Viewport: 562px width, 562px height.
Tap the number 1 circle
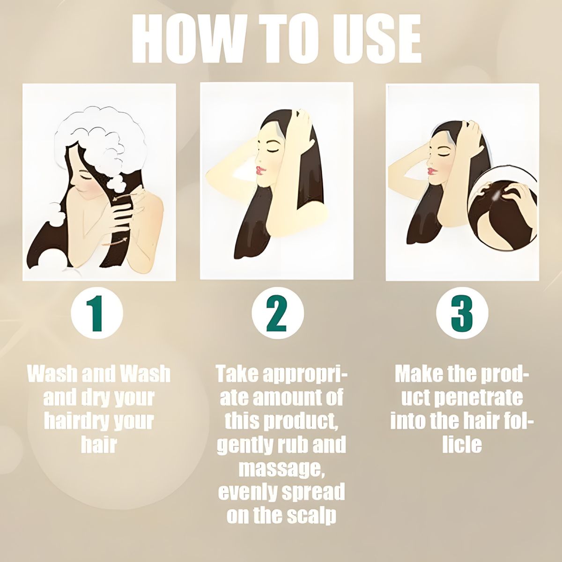point(97,314)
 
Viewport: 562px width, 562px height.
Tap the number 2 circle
point(278,314)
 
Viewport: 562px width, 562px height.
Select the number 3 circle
point(462,314)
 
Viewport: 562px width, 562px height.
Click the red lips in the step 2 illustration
point(260,170)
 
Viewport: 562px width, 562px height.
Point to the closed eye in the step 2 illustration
point(274,150)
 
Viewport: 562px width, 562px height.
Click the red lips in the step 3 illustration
point(433,171)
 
